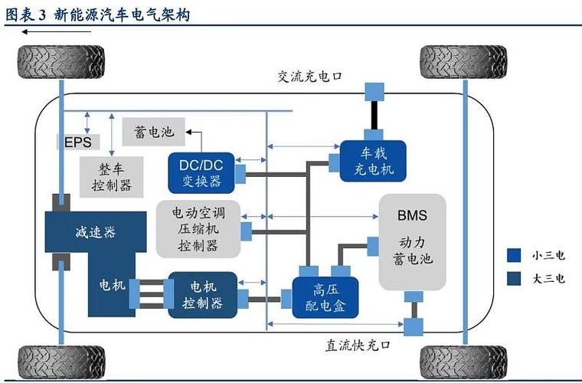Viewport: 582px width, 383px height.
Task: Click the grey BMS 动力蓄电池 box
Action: click(412, 242)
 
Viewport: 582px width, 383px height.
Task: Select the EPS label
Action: click(77, 143)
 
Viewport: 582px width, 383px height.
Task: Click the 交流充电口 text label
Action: click(309, 77)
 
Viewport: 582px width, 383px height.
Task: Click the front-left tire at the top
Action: click(60, 61)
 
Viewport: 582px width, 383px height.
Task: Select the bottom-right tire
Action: click(463, 361)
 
